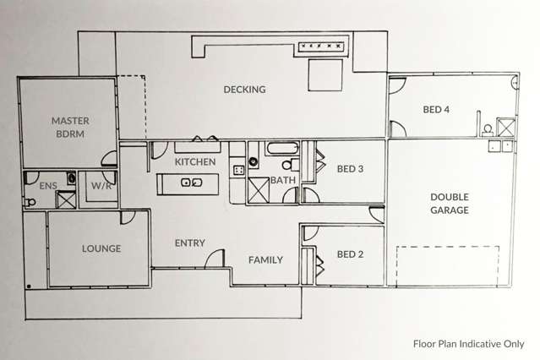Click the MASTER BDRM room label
pos(69,127)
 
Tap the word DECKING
pos(244,90)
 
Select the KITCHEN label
pos(194,161)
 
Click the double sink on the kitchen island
pos(191,182)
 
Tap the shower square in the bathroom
pos(259,190)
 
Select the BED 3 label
pos(350,169)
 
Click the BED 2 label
pos(350,254)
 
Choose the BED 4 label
pos(437,109)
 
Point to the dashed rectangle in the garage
pos(448,265)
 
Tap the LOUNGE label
pos(101,249)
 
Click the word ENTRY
pos(189,243)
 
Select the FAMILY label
pos(265,259)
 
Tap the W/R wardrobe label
pos(101,184)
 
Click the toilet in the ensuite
pos(31,202)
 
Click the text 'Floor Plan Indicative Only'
pos(468,344)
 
